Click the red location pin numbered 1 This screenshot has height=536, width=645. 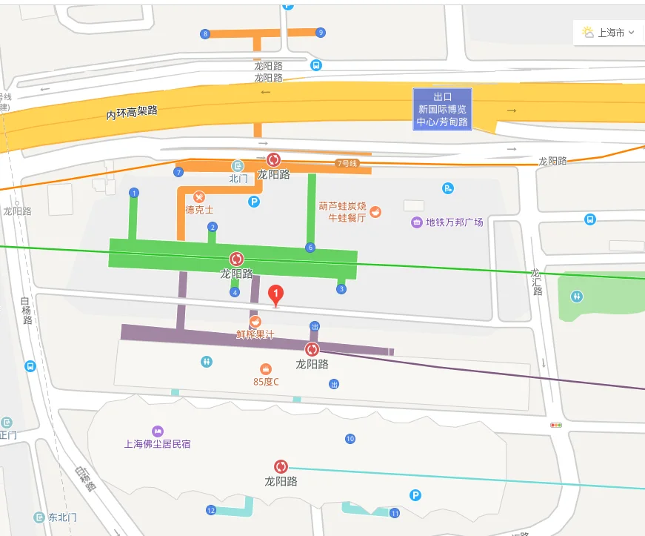click(276, 295)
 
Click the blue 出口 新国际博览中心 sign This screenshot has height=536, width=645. click(442, 109)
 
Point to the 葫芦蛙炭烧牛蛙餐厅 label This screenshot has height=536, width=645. click(342, 212)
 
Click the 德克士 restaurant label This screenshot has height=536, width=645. click(199, 210)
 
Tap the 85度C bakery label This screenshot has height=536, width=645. click(266, 382)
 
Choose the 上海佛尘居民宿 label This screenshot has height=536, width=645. click(157, 443)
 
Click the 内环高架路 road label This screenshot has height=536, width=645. click(132, 112)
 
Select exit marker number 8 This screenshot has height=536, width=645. click(205, 33)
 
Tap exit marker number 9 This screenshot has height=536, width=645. click(320, 33)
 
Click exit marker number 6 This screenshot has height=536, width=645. click(310, 248)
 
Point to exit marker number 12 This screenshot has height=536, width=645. click(211, 510)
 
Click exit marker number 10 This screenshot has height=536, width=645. click(350, 439)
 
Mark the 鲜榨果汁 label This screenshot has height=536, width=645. click(255, 334)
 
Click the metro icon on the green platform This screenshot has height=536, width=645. click(237, 259)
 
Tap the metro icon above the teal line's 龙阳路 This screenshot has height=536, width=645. click(281, 466)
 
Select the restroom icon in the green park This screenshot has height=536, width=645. click(577, 296)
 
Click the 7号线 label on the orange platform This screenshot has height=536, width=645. click(347, 163)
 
